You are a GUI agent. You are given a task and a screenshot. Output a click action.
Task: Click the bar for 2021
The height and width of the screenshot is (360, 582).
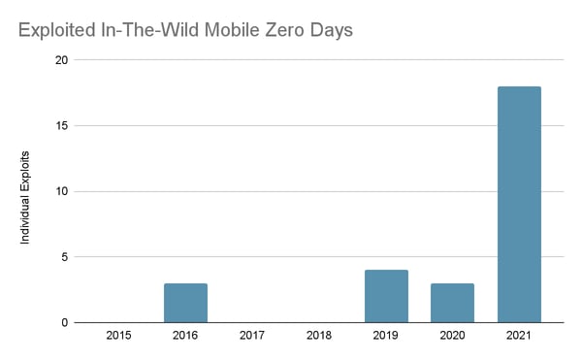[519, 205]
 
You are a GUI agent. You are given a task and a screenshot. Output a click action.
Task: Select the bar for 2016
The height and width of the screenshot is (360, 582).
[185, 303]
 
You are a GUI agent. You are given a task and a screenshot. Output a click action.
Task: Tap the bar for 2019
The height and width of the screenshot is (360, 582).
[386, 296]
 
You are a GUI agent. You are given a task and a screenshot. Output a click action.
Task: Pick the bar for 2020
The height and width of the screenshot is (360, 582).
[452, 303]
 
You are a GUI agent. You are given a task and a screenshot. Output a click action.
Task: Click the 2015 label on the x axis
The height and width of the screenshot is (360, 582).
[118, 336]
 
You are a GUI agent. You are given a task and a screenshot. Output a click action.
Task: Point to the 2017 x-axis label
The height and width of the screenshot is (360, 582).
[252, 336]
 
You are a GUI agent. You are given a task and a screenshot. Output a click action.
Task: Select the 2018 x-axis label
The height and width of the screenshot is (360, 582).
[319, 336]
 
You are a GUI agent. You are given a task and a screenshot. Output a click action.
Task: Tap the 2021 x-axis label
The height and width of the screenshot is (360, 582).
[519, 336]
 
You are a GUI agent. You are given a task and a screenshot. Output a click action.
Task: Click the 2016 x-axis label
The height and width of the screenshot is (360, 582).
[185, 336]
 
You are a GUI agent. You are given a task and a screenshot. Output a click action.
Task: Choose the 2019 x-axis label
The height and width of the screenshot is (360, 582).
[386, 336]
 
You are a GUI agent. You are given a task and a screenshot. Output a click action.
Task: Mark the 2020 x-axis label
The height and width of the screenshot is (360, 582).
[452, 336]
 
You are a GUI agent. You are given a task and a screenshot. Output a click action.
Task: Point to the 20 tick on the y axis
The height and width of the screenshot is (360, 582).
[61, 60]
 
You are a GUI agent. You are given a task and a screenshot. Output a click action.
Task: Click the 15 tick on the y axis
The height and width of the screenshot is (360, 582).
[61, 126]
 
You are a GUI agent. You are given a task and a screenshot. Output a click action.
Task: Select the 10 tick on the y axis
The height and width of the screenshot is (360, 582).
[61, 191]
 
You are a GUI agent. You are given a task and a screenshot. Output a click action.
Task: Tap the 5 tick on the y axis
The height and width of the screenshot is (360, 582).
[64, 257]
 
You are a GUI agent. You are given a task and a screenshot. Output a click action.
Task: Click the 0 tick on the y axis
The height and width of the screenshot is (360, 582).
[64, 322]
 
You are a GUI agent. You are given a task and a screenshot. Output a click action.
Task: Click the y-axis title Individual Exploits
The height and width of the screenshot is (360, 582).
[29, 191]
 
